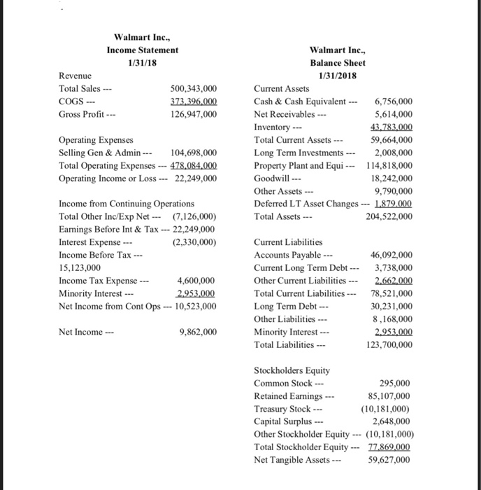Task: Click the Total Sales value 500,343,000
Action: (x=194, y=89)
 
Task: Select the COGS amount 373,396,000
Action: (x=194, y=101)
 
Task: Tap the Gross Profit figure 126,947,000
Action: (x=194, y=114)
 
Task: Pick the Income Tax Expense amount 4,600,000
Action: (x=197, y=280)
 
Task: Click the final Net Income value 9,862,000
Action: (x=197, y=331)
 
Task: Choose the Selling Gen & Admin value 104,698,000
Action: (x=194, y=152)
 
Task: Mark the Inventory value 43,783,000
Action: (x=390, y=127)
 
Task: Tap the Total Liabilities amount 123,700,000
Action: (x=388, y=344)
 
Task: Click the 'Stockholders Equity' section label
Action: (x=292, y=370)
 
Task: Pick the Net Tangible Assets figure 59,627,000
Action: (x=389, y=459)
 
